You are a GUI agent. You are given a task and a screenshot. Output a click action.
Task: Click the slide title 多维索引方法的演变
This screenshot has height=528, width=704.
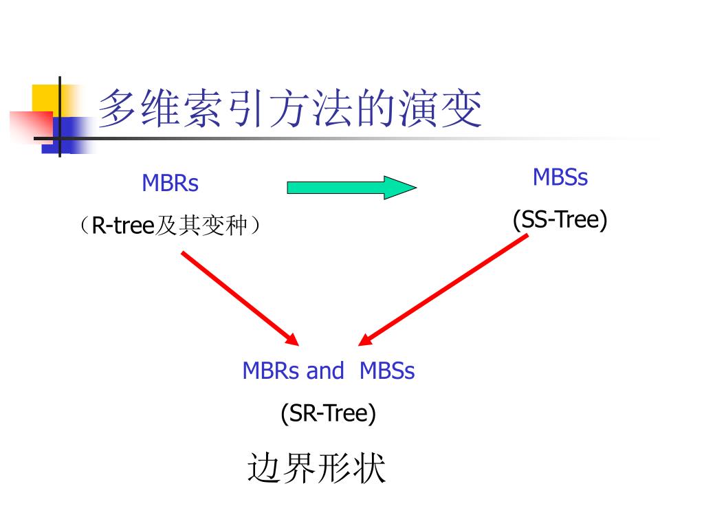(x=289, y=110)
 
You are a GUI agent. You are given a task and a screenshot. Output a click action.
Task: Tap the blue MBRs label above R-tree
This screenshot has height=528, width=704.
(x=170, y=184)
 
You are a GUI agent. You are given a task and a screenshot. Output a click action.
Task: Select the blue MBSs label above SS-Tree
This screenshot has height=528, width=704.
(x=560, y=177)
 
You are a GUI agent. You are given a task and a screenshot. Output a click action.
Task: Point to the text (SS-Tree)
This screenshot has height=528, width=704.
(x=560, y=220)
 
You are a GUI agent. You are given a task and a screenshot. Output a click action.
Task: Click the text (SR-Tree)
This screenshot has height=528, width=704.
(x=328, y=413)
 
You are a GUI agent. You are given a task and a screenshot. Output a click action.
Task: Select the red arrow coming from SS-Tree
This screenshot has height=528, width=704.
(x=444, y=289)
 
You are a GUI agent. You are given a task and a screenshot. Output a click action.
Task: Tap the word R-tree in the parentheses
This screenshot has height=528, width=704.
(x=122, y=225)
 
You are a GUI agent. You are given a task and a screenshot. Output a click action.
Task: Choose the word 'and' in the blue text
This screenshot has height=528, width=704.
(x=324, y=371)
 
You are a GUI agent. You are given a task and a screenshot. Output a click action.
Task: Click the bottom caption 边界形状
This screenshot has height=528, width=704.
(x=316, y=469)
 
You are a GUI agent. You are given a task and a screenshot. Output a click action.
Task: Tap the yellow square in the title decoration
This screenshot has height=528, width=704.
(x=45, y=98)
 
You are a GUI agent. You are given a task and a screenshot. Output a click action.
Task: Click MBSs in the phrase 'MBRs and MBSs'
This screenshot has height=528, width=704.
(x=387, y=371)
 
